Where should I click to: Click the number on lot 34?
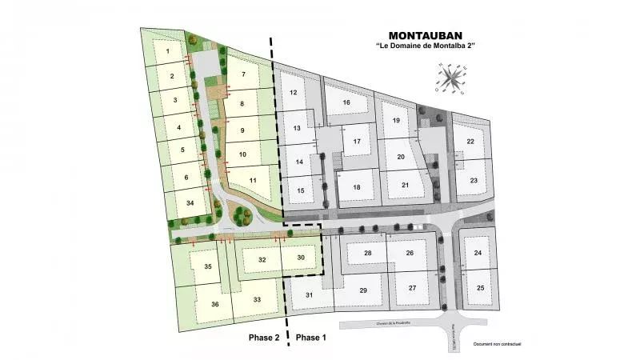coord(190,204)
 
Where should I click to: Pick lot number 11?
coord(253,181)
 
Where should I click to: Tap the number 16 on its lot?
coord(346,103)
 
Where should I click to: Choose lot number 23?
coord(474,181)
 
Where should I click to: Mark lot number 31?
coord(309,295)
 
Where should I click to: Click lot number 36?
coord(214,305)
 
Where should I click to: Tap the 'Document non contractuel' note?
coord(497,344)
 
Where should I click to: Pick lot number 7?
coord(242,74)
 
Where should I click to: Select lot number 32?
coord(262,260)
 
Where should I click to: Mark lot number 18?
coord(357,188)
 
